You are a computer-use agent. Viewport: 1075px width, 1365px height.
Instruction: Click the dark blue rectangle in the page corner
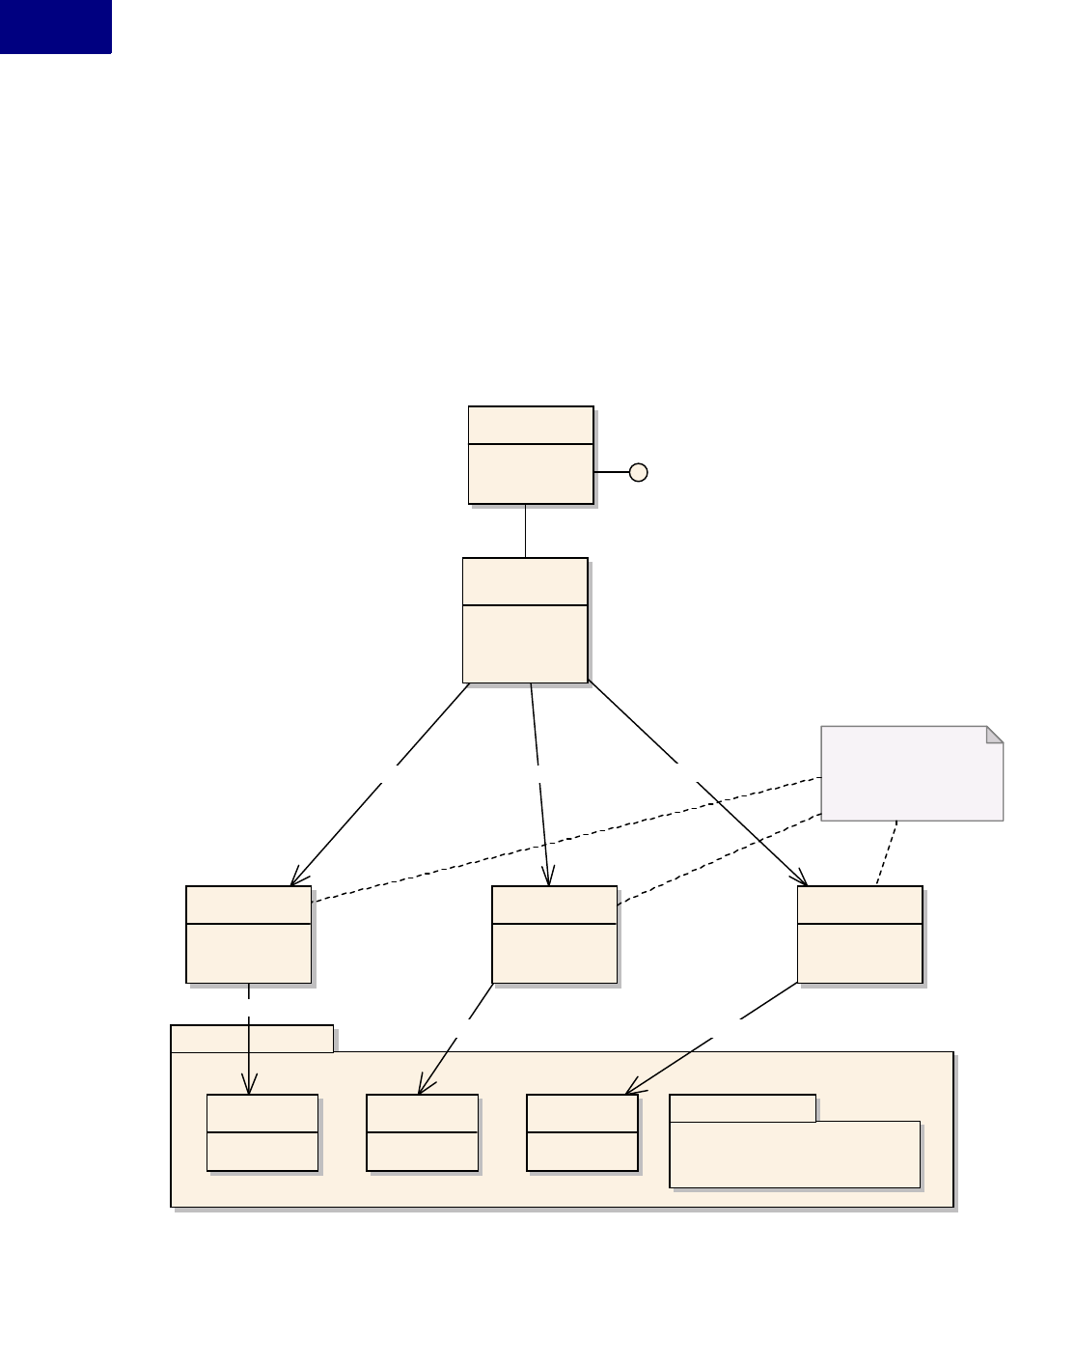click(55, 26)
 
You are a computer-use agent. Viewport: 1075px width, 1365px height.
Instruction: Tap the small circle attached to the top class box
click(638, 472)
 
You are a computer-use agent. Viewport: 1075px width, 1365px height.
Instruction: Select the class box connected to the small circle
click(530, 455)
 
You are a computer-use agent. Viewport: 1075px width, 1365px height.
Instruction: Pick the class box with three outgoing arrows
click(525, 620)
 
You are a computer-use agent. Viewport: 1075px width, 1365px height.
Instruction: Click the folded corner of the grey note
click(994, 735)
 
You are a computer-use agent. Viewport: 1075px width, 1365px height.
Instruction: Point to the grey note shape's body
click(907, 777)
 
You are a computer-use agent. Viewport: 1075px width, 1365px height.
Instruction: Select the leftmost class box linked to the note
click(248, 933)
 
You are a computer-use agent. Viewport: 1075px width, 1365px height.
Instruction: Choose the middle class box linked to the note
click(554, 933)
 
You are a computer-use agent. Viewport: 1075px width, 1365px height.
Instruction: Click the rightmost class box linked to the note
click(860, 933)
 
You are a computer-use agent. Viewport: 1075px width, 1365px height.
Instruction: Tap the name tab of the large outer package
click(251, 1039)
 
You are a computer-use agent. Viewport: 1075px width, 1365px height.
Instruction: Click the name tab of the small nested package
click(742, 1108)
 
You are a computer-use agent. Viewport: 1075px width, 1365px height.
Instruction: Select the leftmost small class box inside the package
click(262, 1132)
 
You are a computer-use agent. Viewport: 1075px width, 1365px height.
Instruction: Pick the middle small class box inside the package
click(422, 1132)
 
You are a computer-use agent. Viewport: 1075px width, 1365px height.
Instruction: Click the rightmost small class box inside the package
click(582, 1132)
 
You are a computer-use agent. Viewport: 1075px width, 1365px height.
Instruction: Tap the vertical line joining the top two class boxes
click(525, 530)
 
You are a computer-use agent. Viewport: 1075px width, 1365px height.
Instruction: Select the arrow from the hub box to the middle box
click(540, 784)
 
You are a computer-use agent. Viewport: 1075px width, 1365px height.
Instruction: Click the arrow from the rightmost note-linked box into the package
click(714, 1037)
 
